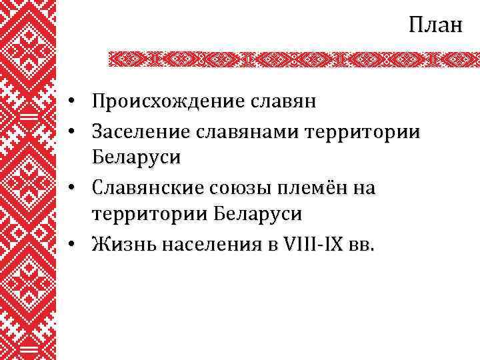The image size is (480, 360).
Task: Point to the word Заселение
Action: [139, 131]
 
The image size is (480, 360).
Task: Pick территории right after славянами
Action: [363, 131]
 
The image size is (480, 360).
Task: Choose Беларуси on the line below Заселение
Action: [136, 159]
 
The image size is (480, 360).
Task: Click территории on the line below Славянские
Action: [150, 215]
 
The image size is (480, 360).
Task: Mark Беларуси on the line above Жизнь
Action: [259, 215]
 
